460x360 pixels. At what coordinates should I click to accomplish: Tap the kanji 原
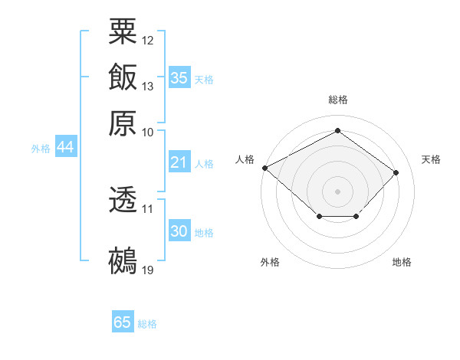(x=123, y=123)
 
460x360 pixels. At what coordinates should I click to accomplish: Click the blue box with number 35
(x=179, y=78)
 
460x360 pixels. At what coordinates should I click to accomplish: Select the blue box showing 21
(x=179, y=162)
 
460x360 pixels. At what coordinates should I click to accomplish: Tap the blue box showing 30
(x=179, y=231)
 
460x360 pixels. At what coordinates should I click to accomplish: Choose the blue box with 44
(x=66, y=148)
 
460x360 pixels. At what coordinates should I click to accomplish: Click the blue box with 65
(x=123, y=322)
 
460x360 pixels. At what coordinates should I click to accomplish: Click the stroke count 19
(x=148, y=270)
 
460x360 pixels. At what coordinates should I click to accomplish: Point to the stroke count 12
(x=148, y=39)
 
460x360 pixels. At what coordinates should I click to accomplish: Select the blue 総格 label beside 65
(x=147, y=324)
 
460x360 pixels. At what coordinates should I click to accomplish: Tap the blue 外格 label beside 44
(x=41, y=149)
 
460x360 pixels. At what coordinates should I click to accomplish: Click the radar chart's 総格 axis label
(x=337, y=100)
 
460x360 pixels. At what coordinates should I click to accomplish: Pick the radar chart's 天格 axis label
(x=431, y=159)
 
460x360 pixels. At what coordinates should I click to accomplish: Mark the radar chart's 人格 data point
(x=264, y=168)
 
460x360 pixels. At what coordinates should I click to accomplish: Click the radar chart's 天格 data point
(x=396, y=172)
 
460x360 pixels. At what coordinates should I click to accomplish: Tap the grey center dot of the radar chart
(x=337, y=191)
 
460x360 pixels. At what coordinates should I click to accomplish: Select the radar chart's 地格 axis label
(x=402, y=262)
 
